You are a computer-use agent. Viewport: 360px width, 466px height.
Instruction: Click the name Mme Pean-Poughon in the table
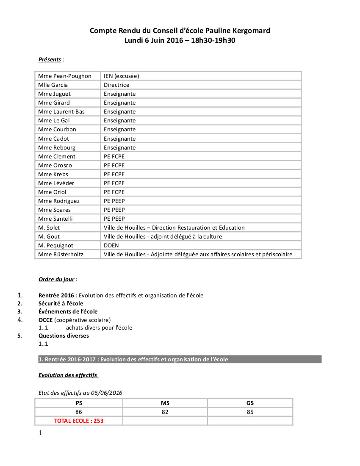(x=65, y=76)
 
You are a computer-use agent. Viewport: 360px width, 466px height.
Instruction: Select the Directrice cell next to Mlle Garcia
(x=116, y=85)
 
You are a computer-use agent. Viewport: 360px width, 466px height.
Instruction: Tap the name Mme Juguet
(x=54, y=94)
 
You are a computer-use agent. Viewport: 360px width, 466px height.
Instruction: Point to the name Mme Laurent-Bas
(x=61, y=111)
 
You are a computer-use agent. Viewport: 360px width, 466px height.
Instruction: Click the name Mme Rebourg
(x=57, y=147)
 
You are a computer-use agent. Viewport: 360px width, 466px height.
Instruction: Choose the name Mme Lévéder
(x=56, y=183)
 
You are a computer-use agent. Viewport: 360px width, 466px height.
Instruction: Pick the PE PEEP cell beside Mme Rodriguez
(x=114, y=201)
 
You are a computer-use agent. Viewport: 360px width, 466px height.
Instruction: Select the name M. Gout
(x=49, y=236)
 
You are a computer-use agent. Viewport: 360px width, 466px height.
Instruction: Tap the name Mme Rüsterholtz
(x=61, y=254)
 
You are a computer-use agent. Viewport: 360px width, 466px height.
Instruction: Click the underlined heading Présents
(x=50, y=59)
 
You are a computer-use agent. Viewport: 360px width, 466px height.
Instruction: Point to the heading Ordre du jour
(x=56, y=279)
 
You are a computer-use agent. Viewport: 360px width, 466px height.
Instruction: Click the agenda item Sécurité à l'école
(x=61, y=303)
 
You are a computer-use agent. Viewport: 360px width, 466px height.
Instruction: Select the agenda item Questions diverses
(x=64, y=336)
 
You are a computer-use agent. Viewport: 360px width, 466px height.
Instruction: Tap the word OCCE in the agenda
(x=45, y=319)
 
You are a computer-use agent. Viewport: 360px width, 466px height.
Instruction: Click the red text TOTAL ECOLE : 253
(x=79, y=421)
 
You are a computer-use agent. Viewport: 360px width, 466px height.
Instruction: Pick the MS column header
(x=165, y=403)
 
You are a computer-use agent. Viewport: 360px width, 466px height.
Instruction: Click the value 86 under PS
(x=79, y=412)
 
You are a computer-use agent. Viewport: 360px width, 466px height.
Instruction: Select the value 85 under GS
(x=250, y=412)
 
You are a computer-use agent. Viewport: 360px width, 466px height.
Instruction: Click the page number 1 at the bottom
(x=40, y=433)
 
